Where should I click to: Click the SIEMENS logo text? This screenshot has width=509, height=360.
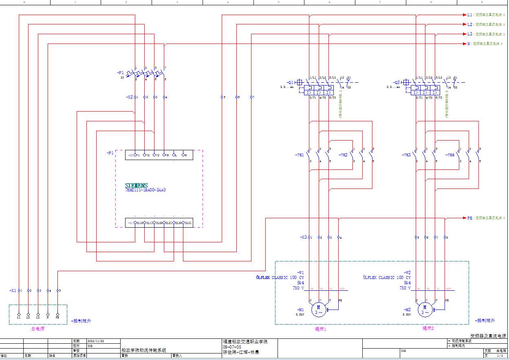[x=137, y=186]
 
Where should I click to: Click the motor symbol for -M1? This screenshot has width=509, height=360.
[x=319, y=310]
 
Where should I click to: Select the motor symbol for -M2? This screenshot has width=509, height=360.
[x=425, y=310]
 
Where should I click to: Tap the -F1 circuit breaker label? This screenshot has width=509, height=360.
[x=120, y=72]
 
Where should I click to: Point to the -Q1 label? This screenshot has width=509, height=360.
[x=290, y=82]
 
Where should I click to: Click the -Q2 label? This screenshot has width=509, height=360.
[x=397, y=82]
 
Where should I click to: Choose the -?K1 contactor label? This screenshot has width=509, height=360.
[x=300, y=155]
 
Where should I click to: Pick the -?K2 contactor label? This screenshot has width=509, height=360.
[x=343, y=155]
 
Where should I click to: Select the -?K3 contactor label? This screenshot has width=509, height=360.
[x=406, y=155]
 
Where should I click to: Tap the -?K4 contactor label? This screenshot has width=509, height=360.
[x=450, y=155]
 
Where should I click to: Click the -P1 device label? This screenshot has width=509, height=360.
[x=110, y=153]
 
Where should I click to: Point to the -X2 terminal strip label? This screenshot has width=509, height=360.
[x=130, y=97]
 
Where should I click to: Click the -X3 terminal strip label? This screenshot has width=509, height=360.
[x=303, y=237]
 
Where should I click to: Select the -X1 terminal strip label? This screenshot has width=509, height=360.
[x=13, y=291]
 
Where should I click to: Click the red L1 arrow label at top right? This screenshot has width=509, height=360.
[x=469, y=15]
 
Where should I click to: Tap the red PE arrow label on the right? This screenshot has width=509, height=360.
[x=469, y=218]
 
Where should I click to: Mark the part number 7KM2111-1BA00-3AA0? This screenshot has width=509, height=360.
[x=145, y=190]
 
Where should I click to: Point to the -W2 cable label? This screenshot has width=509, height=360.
[x=407, y=272]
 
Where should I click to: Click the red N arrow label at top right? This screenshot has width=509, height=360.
[x=469, y=44]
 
